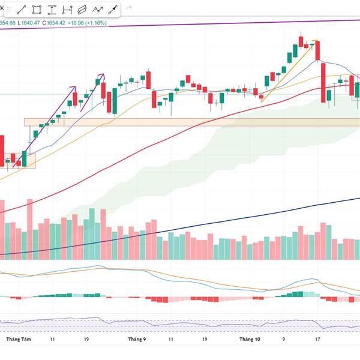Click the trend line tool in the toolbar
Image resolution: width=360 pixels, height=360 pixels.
[22, 10]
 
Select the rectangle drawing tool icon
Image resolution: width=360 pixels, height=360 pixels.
[37, 10]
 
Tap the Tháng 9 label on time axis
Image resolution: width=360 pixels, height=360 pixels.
[137, 339]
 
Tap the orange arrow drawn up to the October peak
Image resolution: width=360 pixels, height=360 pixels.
[288, 70]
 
